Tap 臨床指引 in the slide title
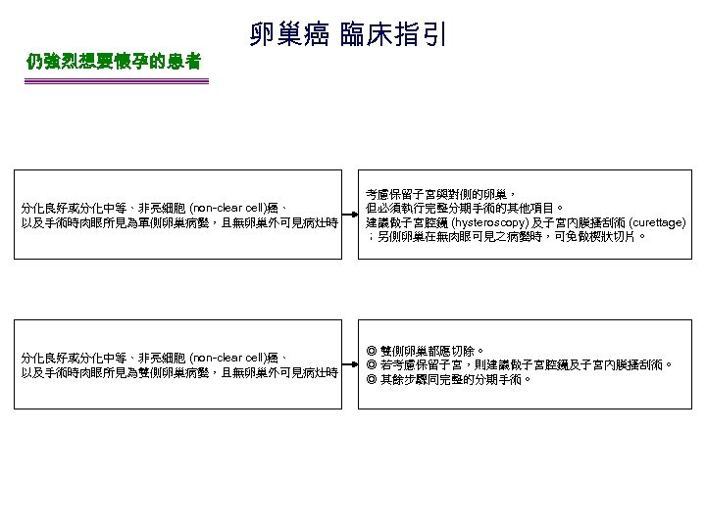[x=393, y=35]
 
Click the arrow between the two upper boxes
[x=347, y=216]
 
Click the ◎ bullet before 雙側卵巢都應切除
[x=373, y=350]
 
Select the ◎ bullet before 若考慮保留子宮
[x=373, y=363]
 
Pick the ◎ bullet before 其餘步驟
[x=373, y=377]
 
